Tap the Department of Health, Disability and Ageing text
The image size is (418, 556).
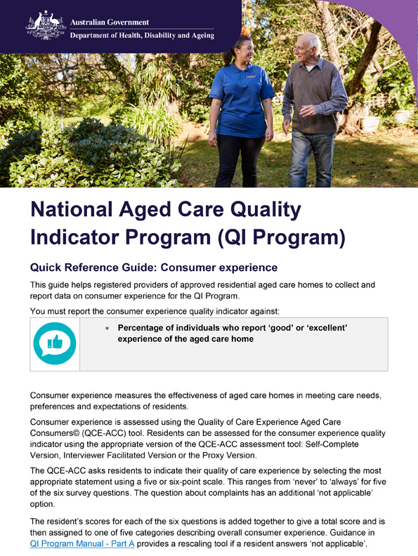[141, 36]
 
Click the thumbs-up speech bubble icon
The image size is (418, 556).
[54, 343]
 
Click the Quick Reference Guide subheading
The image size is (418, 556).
[144, 267]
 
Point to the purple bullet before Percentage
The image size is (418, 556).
[107, 328]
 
